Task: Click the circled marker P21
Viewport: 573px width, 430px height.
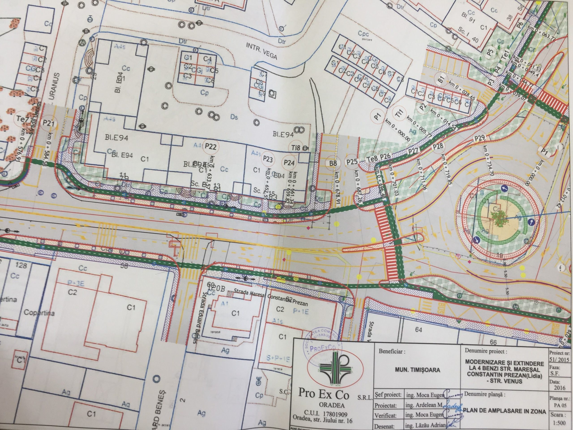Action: (x=48, y=123)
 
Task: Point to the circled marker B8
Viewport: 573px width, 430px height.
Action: (x=333, y=163)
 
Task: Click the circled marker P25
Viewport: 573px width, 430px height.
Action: (x=352, y=162)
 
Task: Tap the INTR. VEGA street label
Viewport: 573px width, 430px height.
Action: (x=261, y=51)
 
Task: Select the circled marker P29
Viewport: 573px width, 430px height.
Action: (x=479, y=138)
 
